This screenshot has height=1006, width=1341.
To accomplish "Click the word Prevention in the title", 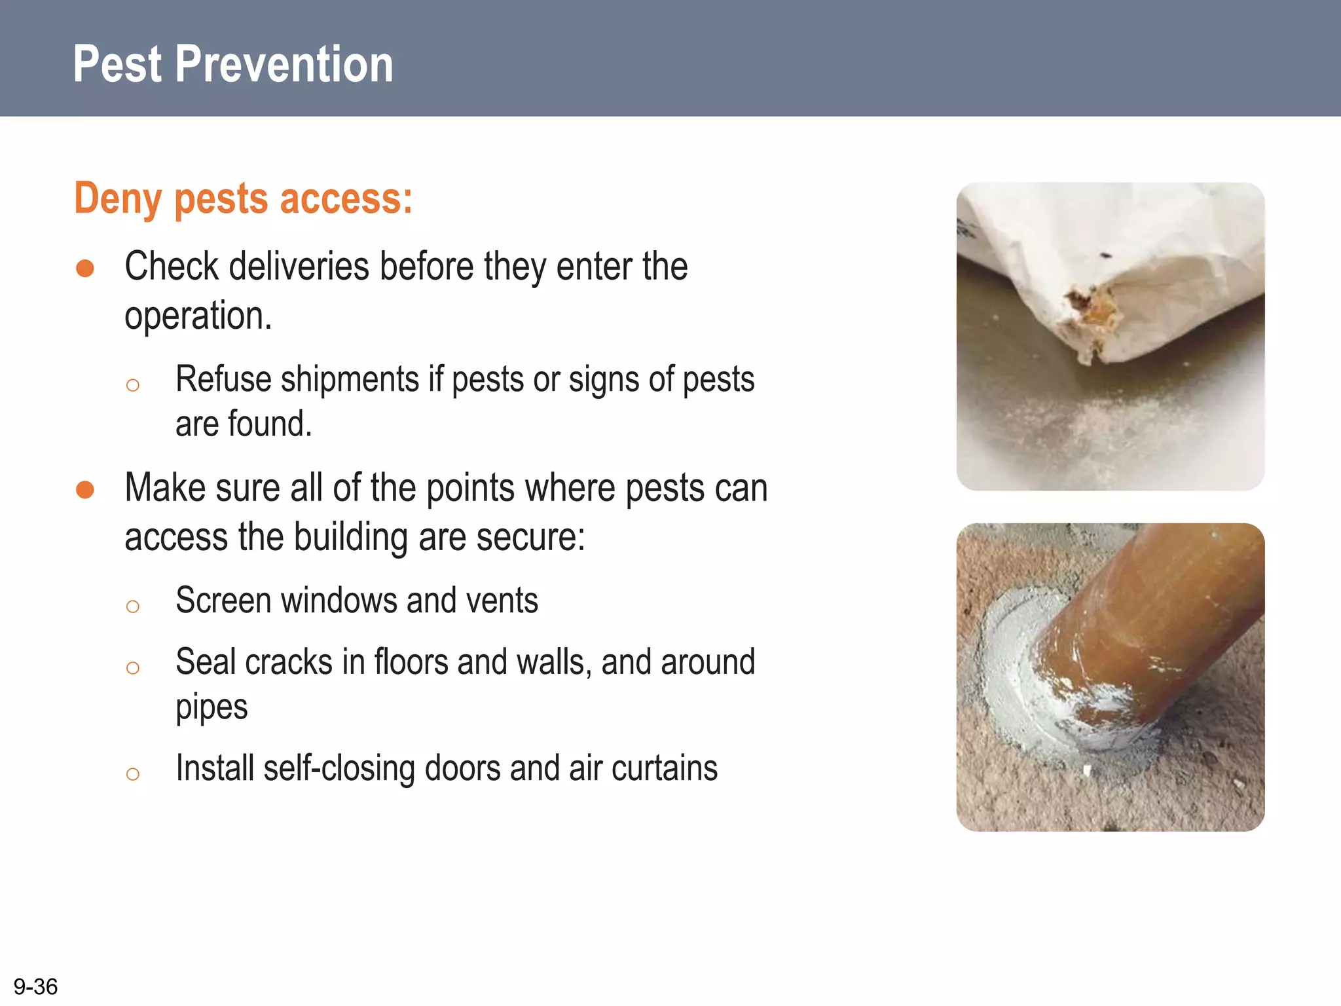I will tap(284, 64).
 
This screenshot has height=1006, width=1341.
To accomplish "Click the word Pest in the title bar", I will tap(117, 64).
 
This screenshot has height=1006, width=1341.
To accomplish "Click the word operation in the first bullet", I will tap(197, 316).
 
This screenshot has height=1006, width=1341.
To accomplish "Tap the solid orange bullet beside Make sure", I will tap(85, 490).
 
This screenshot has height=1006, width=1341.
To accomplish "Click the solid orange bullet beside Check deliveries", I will tap(85, 269).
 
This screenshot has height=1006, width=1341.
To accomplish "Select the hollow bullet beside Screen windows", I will tap(133, 606).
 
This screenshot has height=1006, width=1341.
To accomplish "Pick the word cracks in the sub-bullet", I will tap(289, 662).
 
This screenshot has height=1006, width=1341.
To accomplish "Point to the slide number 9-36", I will tap(35, 986).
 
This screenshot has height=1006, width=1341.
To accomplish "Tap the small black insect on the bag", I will tap(1105, 255).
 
